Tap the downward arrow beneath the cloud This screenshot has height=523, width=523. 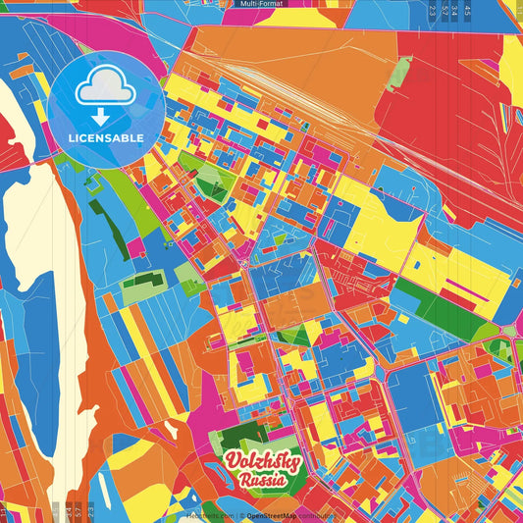coord(106,115)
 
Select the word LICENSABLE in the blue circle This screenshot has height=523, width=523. coord(106,138)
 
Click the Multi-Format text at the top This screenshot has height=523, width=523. coord(261,4)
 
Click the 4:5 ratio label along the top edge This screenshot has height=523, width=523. coord(467,11)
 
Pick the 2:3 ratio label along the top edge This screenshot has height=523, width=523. coord(432,11)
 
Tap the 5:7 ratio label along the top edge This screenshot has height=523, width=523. coord(444,11)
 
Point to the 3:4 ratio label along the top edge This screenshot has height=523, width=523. coord(455,11)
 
